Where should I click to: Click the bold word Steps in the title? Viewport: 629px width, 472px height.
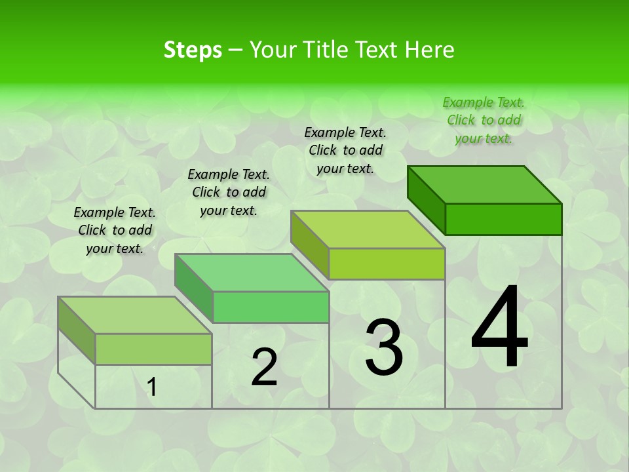193,50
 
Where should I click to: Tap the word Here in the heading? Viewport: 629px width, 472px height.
429,50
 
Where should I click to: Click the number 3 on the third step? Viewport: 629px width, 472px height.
384,347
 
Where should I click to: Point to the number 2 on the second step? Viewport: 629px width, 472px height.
264,367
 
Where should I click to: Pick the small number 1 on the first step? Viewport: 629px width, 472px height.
152,387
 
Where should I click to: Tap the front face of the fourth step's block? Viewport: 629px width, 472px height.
503,219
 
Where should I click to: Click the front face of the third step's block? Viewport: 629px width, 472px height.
387,264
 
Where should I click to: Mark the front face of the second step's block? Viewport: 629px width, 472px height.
271,307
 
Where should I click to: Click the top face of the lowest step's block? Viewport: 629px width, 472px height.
135,315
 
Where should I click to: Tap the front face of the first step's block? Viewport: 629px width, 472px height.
153,349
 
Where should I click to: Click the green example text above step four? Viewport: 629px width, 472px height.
484,120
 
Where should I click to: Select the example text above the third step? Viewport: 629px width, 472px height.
345,150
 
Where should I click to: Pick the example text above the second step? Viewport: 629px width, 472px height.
229,192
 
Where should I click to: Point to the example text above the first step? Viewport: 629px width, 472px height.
115,230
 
